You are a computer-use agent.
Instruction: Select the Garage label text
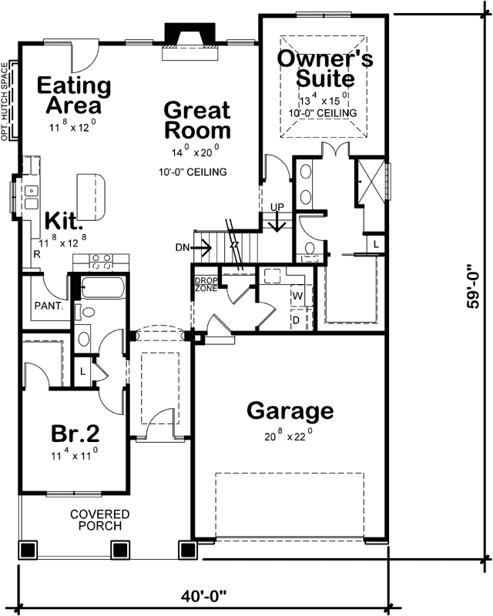point(290,411)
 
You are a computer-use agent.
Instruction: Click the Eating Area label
point(74,95)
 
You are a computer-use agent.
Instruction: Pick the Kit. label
point(63,222)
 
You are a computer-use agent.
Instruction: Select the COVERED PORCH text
point(100,520)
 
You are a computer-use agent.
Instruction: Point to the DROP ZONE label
point(205,283)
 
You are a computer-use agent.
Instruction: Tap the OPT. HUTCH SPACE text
point(5,101)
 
